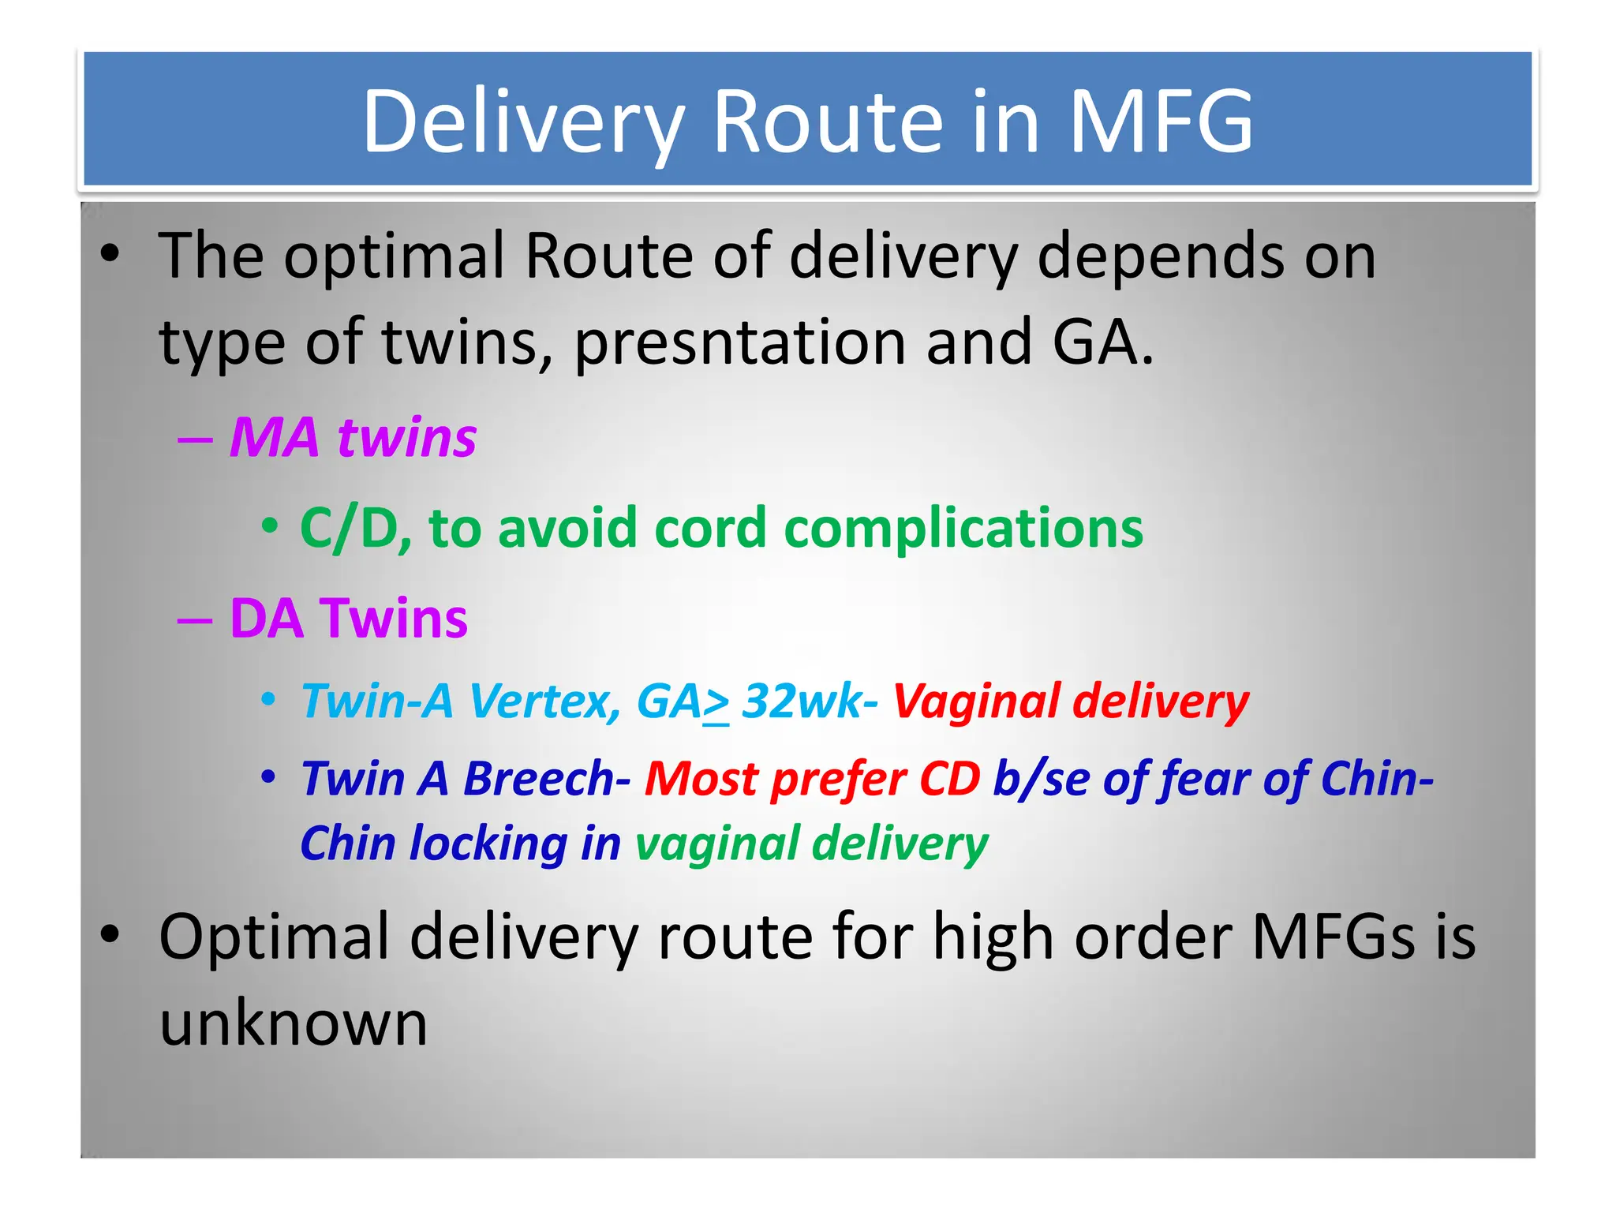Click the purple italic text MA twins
point(353,437)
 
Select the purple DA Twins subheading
point(348,618)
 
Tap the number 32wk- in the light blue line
point(810,701)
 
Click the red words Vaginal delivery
point(1071,701)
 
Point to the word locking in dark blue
point(488,844)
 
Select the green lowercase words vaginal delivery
point(811,844)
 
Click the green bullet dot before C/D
point(270,526)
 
